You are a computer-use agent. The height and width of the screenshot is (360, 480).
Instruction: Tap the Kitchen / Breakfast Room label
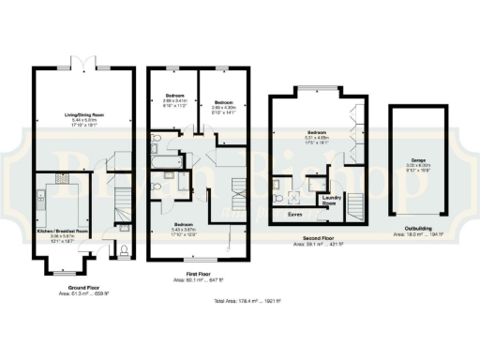(62, 230)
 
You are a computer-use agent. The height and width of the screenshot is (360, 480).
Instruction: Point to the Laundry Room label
(330, 199)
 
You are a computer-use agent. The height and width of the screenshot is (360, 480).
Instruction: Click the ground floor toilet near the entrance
(125, 249)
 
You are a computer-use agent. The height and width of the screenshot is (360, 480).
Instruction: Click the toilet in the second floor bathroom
(279, 198)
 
